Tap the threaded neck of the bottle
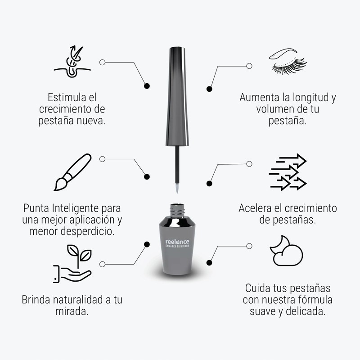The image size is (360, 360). tap(177, 209)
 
